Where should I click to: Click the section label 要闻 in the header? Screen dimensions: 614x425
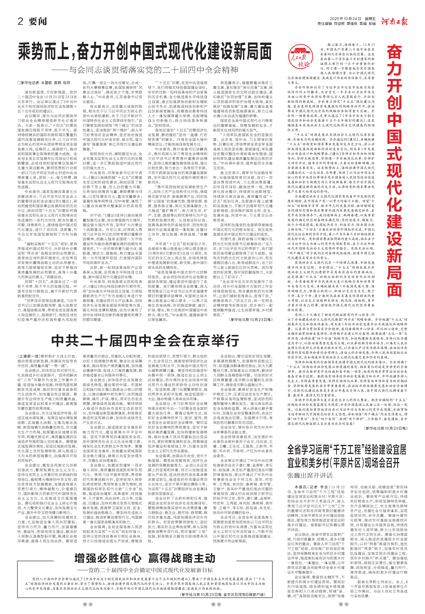coord(38,21)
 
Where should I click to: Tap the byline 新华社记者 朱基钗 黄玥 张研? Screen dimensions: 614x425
coord(44,83)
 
